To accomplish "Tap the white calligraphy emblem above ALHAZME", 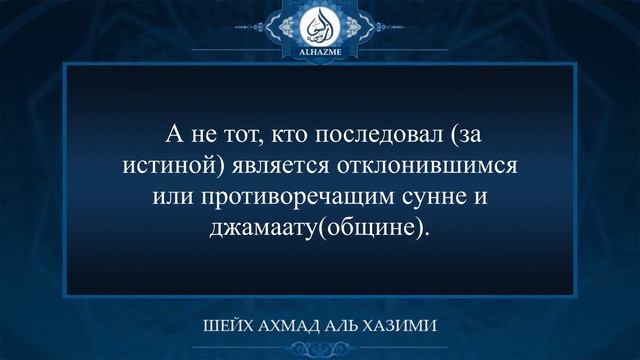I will point(320,23).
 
